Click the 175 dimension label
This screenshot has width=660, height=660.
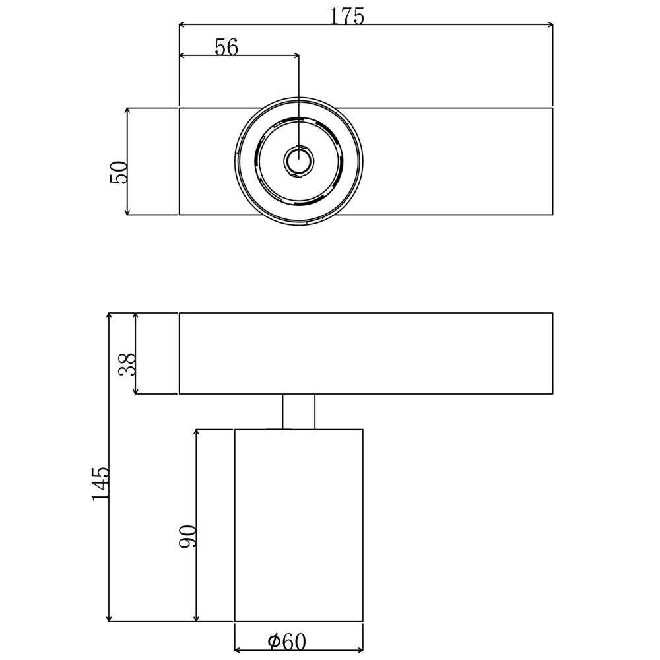click(348, 16)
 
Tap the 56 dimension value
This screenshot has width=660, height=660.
click(226, 47)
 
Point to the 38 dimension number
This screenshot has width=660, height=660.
click(127, 364)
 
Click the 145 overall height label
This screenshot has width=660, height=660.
click(100, 483)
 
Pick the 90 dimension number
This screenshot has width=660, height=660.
click(187, 537)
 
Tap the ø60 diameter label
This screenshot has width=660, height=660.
click(287, 641)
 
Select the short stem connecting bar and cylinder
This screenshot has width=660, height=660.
click(298, 412)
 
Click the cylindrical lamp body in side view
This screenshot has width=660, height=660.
click(298, 525)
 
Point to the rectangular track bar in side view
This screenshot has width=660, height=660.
click(366, 353)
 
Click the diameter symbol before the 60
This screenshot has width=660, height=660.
click(274, 641)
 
